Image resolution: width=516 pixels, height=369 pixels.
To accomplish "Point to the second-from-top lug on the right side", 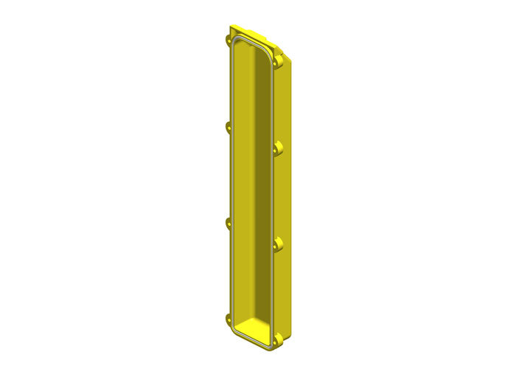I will [278, 150].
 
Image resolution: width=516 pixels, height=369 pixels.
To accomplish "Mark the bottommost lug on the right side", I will [278, 342].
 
